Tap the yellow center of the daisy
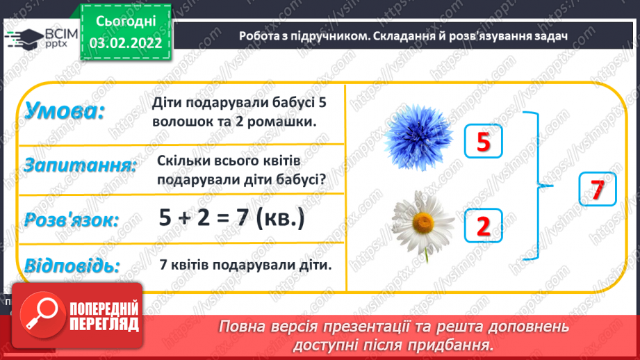pos(422,222)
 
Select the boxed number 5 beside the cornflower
pos(483,142)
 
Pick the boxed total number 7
pos(598,189)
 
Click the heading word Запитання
pos(79,165)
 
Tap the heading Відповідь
pos(72,265)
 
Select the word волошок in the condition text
pos(181,121)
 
